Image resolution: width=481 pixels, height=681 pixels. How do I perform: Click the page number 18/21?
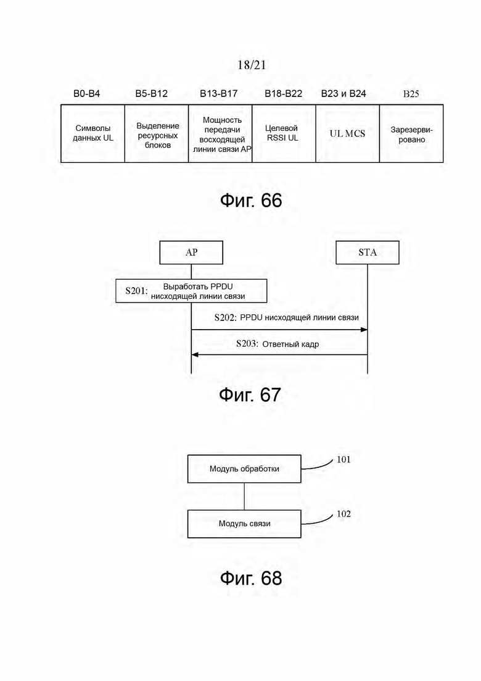click(252, 65)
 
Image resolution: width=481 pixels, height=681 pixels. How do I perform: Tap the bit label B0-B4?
click(87, 93)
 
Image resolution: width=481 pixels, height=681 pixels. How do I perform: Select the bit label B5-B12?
click(151, 93)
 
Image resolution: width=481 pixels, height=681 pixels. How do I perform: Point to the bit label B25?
click(411, 94)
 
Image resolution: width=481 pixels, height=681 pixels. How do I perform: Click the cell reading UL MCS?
click(347, 133)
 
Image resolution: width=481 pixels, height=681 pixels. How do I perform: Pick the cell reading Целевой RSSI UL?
click(284, 133)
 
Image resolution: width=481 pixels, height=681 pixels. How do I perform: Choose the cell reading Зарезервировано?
click(411, 133)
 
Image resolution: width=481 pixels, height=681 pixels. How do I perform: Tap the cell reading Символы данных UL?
click(93, 133)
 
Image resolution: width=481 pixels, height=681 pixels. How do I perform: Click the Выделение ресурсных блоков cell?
click(157, 133)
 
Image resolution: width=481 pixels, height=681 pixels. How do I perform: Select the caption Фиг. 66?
click(251, 201)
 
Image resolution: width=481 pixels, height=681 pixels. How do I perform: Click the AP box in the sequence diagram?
click(191, 253)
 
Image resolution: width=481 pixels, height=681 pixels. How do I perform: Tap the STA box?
click(368, 253)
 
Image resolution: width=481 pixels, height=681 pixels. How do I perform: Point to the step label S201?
click(136, 291)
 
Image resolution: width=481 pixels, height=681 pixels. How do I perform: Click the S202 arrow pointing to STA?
click(280, 330)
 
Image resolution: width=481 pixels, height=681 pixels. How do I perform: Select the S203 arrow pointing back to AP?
click(280, 355)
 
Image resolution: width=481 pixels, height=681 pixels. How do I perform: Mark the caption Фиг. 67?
click(250, 395)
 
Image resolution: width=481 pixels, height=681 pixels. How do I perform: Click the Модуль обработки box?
click(244, 469)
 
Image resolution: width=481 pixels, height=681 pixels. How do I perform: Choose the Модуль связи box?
click(244, 524)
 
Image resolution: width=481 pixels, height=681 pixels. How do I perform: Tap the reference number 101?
click(343, 459)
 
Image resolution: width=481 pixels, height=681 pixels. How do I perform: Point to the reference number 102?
click(343, 514)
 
